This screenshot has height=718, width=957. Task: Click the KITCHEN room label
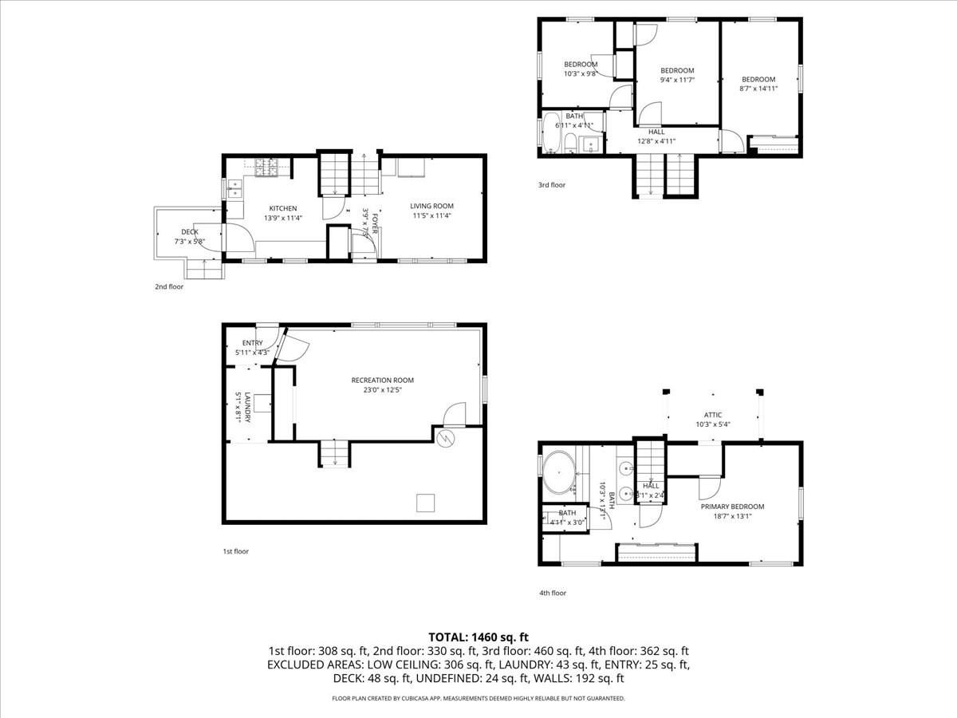point(282,208)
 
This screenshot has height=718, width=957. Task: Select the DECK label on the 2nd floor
point(190,232)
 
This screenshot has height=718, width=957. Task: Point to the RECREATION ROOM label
point(383,381)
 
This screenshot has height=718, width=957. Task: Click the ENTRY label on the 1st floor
point(253,343)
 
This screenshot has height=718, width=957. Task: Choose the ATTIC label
point(712,415)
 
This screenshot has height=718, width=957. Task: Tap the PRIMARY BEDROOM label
point(732,507)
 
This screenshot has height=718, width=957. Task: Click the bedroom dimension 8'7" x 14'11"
point(758,89)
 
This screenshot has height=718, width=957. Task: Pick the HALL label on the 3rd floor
point(656,132)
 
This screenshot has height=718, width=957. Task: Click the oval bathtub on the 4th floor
point(558,472)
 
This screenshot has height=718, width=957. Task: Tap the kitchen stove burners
point(266,168)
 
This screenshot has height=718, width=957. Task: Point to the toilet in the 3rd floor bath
point(569,144)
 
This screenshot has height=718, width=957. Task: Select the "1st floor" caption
point(235,551)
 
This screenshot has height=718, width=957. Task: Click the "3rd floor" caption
point(552,185)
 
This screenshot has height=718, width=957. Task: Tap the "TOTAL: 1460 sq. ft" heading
point(478,637)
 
